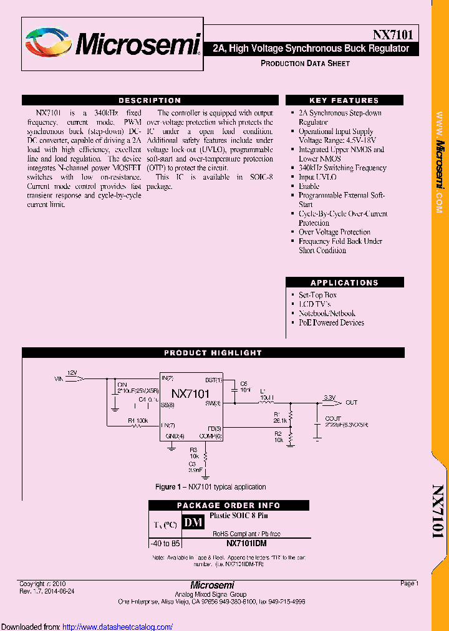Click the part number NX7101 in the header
[393, 35]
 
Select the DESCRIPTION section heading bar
[150, 100]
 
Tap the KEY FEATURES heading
[344, 100]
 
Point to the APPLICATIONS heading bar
[344, 282]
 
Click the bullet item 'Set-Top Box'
[317, 295]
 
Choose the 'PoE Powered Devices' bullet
[331, 322]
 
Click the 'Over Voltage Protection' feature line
[334, 232]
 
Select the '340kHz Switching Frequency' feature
[342, 168]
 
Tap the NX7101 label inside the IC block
[190, 393]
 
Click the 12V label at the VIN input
[72, 372]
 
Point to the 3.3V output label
[329, 397]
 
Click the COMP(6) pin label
[210, 436]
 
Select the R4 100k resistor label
[138, 421]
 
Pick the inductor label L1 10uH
[267, 393]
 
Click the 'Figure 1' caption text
[210, 487]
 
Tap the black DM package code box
[193, 522]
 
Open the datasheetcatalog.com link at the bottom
[118, 627]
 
